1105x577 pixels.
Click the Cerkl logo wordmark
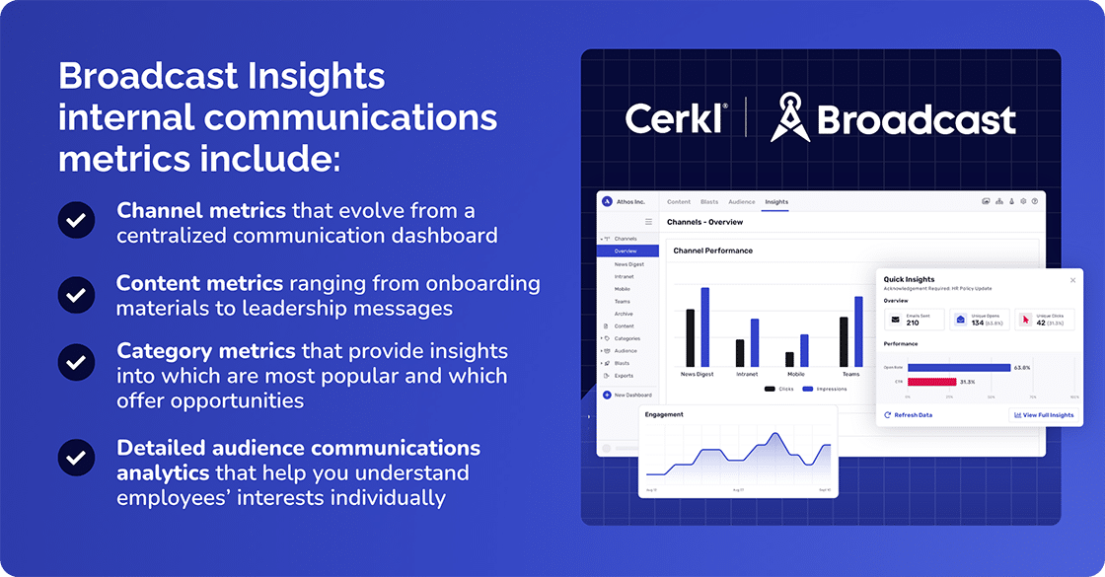(674, 118)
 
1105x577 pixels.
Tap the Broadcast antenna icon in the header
(790, 116)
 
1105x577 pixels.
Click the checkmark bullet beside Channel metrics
(76, 221)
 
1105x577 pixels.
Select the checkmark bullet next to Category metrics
(76, 362)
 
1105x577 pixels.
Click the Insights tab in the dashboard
(776, 202)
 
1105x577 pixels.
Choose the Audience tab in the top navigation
(742, 202)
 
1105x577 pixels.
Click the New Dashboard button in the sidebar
(632, 395)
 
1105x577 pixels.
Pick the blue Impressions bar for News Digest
(705, 326)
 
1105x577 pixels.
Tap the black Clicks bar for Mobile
(789, 359)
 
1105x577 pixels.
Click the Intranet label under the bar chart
(746, 375)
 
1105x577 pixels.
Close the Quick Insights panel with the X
(1073, 280)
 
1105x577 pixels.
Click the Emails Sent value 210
(913, 323)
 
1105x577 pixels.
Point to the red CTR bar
(931, 382)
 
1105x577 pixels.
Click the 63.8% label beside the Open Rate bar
(1022, 368)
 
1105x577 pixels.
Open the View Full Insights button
(1043, 415)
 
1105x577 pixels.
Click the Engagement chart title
(664, 414)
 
